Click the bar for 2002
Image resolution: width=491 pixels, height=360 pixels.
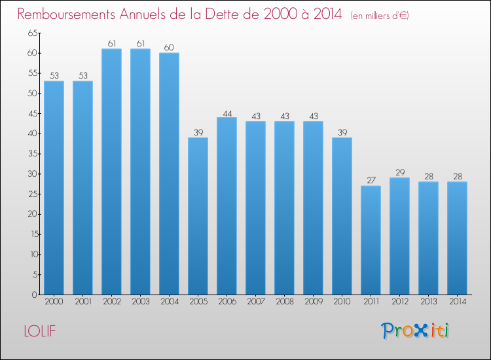coord(111,171)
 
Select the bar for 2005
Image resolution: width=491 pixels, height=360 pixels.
coord(198,216)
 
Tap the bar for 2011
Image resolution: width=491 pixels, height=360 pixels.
coord(371,240)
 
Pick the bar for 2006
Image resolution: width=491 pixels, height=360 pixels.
coord(227,206)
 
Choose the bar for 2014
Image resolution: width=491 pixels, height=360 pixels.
coord(457,238)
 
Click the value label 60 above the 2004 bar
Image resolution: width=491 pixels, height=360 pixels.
coord(169,47)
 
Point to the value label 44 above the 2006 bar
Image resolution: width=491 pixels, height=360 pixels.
coord(227,112)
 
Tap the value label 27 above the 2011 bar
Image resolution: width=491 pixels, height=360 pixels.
coord(371,181)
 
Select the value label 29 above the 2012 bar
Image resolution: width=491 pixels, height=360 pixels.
coord(399,172)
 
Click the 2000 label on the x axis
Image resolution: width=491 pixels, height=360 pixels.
coord(54,303)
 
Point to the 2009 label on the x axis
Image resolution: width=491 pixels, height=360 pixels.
coord(313,303)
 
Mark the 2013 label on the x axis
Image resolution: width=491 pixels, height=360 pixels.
coord(428,303)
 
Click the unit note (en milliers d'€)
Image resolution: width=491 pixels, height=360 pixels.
coord(380,15)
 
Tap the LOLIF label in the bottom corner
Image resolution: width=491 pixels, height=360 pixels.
coord(39,331)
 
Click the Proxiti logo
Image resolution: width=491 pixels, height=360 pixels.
coord(416,331)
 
